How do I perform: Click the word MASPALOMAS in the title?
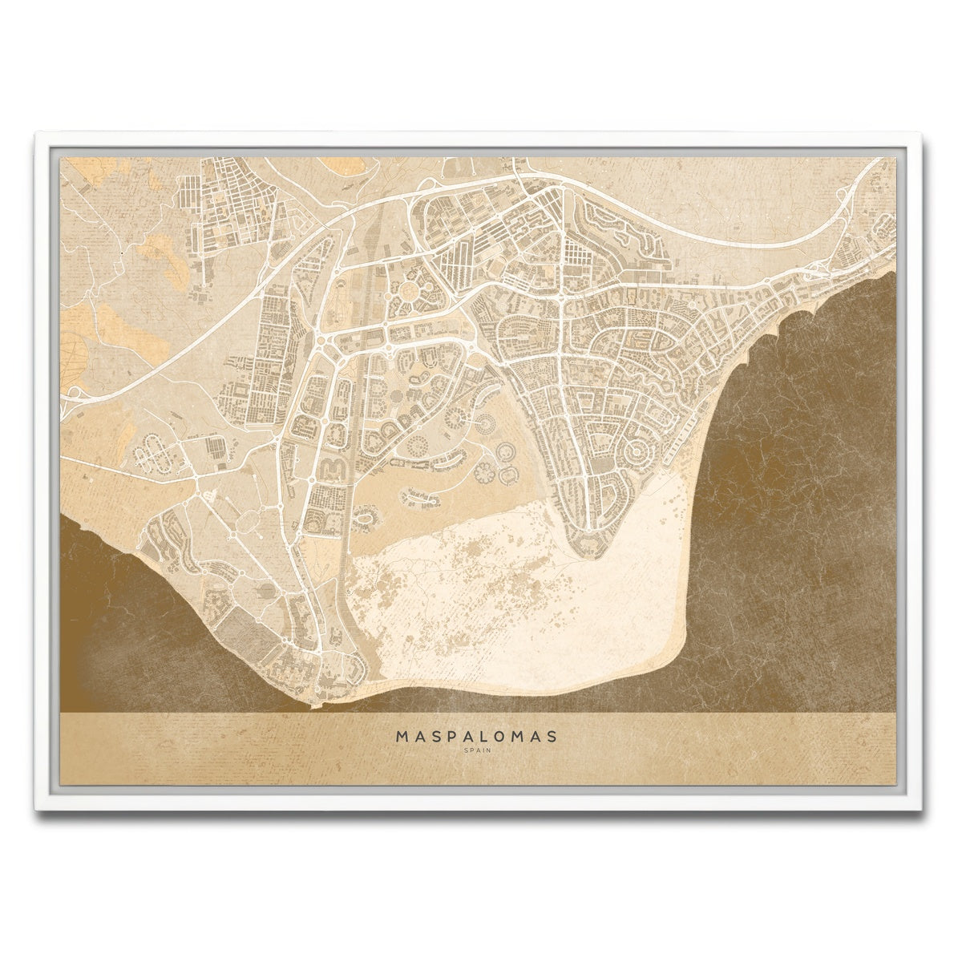[x=476, y=735]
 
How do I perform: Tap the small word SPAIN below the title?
[x=476, y=750]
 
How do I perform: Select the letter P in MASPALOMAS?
[x=446, y=735]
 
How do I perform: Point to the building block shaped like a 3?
[x=333, y=467]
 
